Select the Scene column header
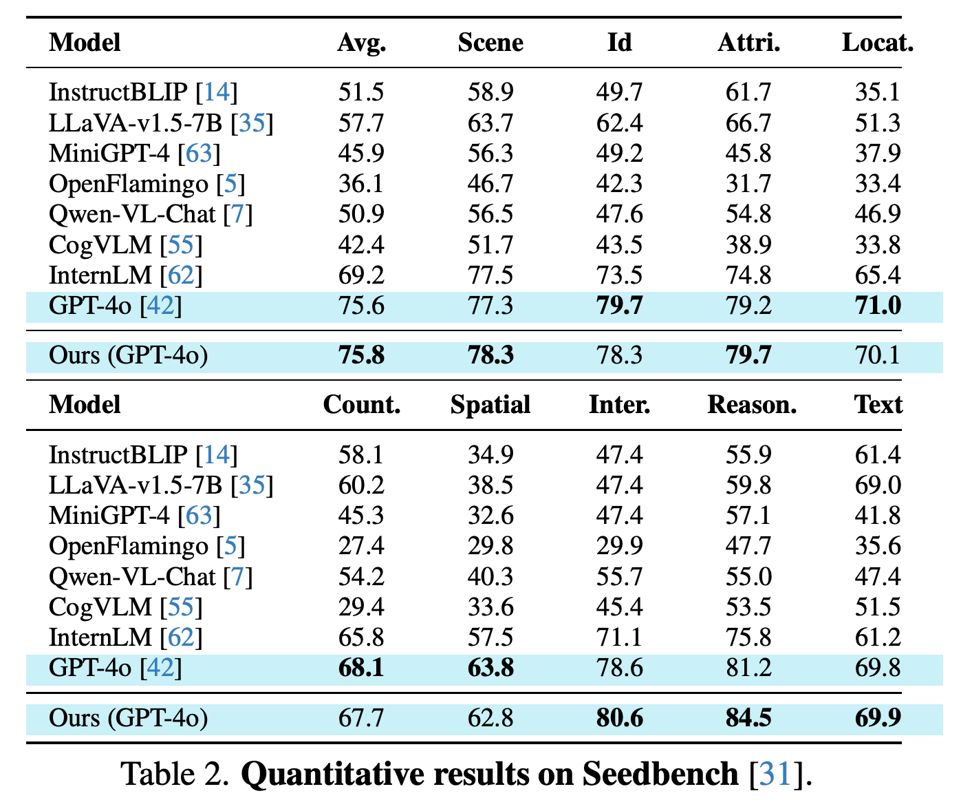click(x=490, y=43)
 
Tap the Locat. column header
click(x=877, y=43)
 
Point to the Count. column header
click(x=361, y=405)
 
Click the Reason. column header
click(x=752, y=405)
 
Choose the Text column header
click(x=878, y=405)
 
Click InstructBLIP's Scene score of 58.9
click(x=490, y=92)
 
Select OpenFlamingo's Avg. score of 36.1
click(x=361, y=183)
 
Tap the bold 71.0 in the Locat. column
click(x=878, y=306)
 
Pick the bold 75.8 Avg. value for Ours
click(x=361, y=355)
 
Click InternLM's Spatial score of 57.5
click(x=490, y=638)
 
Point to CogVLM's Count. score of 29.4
click(x=361, y=607)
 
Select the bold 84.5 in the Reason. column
click(x=748, y=717)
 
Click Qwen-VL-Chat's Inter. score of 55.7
click(x=619, y=577)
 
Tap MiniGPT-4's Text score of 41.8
click(x=877, y=516)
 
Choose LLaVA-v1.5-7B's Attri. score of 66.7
click(x=748, y=123)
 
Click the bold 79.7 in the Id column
click(x=620, y=306)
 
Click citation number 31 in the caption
click(x=775, y=774)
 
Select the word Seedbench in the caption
click(x=660, y=774)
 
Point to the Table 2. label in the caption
click(x=175, y=774)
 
